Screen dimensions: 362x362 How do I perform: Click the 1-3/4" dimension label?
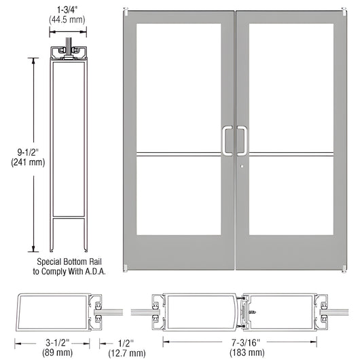(67, 10)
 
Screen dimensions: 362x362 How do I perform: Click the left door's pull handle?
(228, 140)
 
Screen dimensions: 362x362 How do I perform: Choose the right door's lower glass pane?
(295, 198)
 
